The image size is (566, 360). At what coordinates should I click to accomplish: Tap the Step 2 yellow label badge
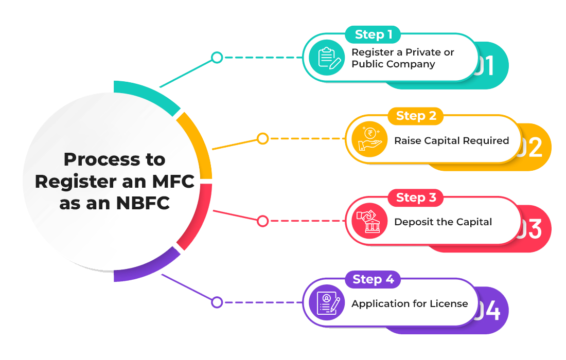click(416, 116)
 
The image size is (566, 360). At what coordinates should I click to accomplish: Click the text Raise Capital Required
click(451, 140)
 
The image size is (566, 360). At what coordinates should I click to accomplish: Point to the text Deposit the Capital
click(443, 222)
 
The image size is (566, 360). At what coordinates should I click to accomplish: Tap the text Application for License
click(410, 303)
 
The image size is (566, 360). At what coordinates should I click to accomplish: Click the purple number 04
click(488, 311)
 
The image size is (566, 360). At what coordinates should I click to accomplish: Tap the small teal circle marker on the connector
click(217, 57)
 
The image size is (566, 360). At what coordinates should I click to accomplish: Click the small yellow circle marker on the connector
click(262, 138)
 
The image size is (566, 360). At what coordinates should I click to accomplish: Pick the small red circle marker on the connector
click(262, 221)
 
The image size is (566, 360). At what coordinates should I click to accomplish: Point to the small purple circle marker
click(217, 302)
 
